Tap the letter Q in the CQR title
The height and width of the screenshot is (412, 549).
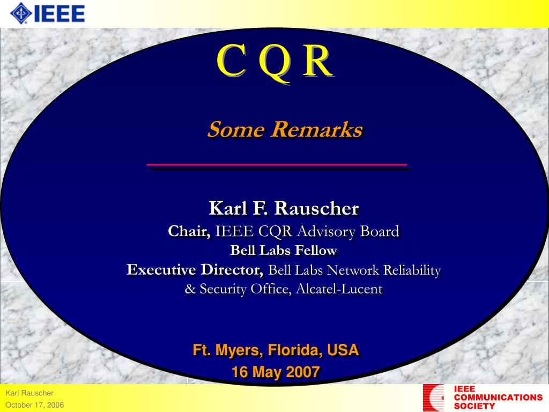pos(275,63)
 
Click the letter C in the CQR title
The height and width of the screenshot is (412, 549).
pos(231,60)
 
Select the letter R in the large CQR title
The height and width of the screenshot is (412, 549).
pos(317,61)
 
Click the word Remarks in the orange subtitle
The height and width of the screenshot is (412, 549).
pos(317,129)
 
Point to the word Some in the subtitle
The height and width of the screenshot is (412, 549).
pos(236,129)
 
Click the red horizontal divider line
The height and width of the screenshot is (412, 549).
pos(277,164)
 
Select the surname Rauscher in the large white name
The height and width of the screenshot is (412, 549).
pos(316,209)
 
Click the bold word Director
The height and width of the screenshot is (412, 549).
pos(232,270)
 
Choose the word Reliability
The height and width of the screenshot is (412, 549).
pos(412,270)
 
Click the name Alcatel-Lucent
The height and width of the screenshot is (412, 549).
pos(339,289)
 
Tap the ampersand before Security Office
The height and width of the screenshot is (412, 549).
pos(190,289)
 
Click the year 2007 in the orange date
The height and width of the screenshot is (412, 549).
pos(303,372)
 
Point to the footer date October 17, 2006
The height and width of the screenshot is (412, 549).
pos(35,405)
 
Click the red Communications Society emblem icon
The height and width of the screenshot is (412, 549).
pos(433,398)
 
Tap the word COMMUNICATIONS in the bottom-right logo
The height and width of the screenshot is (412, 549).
pos(498,398)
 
